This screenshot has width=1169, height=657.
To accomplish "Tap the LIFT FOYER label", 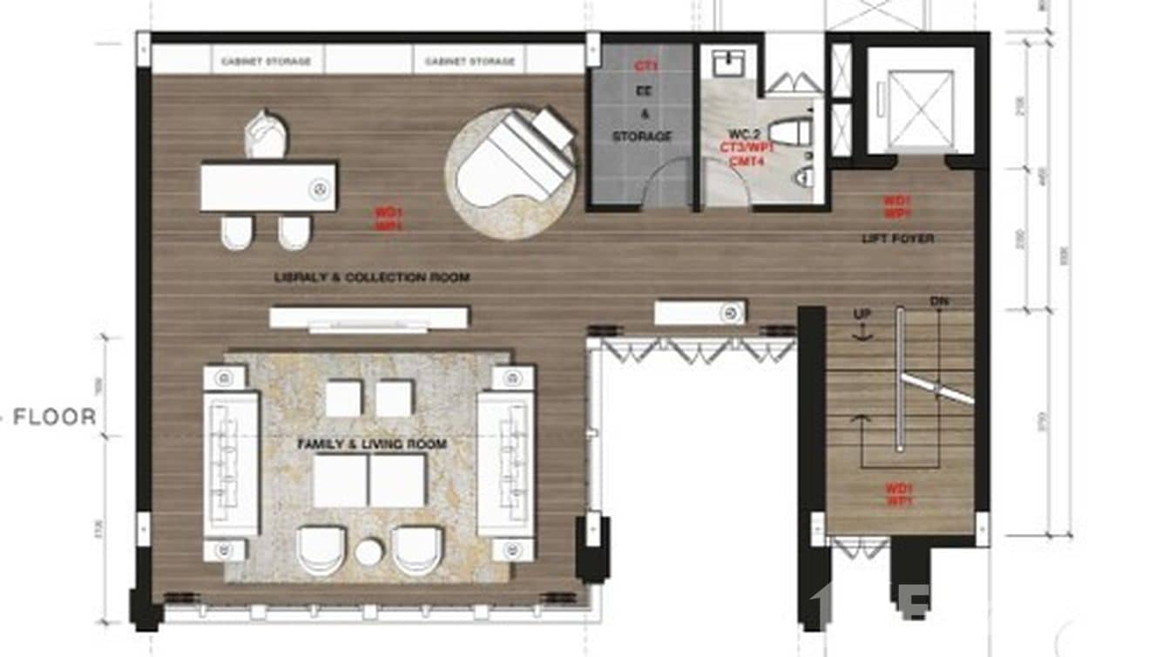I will [897, 239].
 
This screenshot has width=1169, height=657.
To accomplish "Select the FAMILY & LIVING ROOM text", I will [372, 444].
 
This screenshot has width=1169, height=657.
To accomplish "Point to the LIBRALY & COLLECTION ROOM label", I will [372, 278].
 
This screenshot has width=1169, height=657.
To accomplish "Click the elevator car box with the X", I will [920, 100].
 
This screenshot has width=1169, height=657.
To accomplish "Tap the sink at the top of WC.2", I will [726, 63].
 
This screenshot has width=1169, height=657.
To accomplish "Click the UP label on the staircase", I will [862, 314].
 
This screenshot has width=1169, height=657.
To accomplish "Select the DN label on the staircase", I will [938, 301].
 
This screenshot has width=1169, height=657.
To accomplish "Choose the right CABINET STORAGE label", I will [470, 62].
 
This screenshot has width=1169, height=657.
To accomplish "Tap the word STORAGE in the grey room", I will [642, 137].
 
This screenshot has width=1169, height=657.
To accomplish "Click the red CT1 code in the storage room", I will [645, 66].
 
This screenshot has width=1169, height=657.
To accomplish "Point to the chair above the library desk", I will [266, 135].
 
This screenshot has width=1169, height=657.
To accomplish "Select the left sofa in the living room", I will [231, 462].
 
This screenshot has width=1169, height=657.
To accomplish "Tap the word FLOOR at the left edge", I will [54, 417].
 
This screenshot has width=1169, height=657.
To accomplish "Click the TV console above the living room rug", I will [368, 317].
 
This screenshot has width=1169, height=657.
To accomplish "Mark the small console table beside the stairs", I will [699, 311].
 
